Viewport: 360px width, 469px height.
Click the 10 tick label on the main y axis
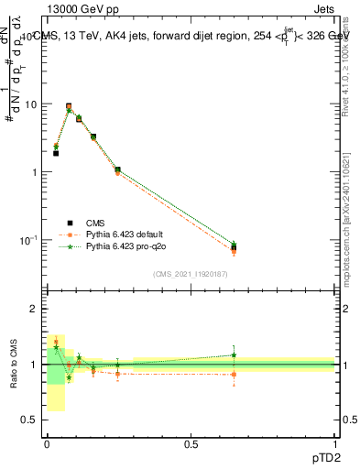[29, 104]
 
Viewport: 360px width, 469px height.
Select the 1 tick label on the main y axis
[34, 172]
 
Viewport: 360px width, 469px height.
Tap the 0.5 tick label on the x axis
[191, 443]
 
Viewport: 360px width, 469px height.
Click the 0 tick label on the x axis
[47, 443]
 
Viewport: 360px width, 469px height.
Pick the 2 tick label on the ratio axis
[35, 309]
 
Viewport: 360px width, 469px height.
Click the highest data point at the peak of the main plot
[69, 106]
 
